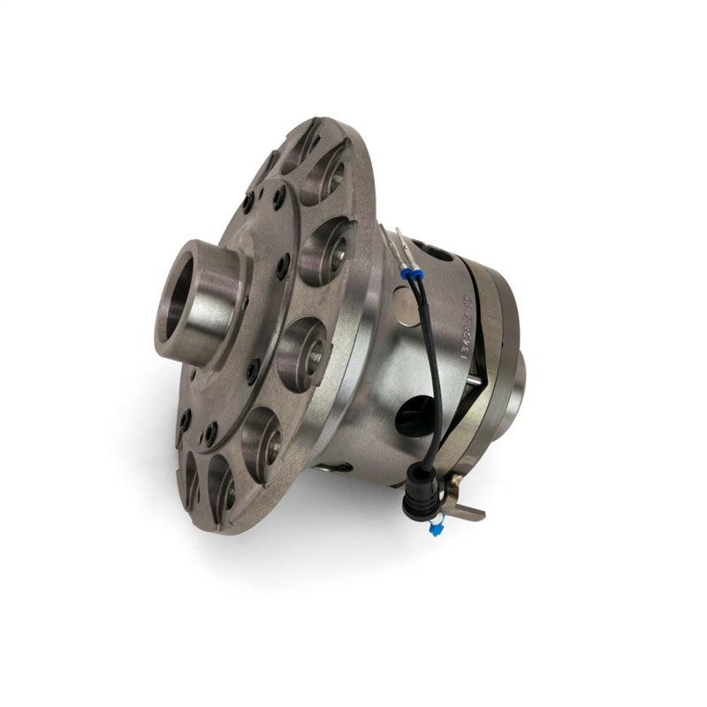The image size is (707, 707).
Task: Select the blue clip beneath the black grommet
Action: pos(436,529)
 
